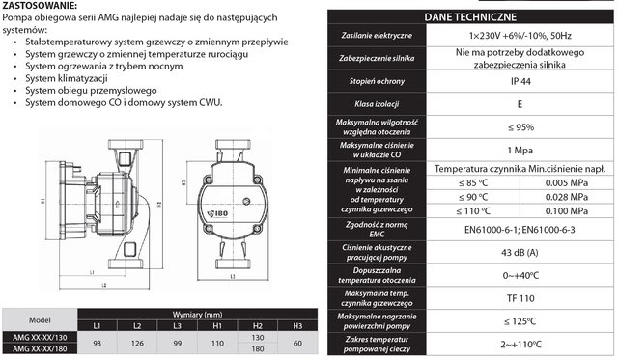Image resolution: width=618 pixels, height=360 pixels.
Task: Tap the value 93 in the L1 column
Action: [x=97, y=342]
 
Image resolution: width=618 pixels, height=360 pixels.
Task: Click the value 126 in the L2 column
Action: [x=137, y=342]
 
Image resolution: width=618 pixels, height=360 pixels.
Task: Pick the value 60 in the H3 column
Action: [x=297, y=342]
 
